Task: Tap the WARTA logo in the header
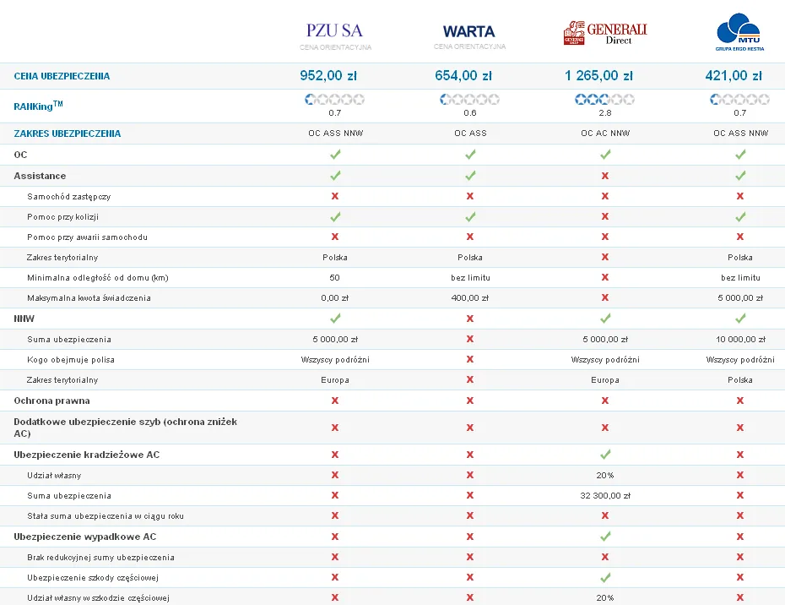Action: coord(469,32)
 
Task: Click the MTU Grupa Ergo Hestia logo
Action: coord(739,32)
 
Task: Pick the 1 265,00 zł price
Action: coord(598,76)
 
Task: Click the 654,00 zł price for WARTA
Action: coord(463,76)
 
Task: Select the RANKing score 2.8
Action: coord(604,112)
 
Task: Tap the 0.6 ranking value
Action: coord(469,112)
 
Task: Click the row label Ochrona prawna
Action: coord(51,401)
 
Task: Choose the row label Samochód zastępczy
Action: coord(68,196)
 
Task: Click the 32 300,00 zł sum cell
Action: coord(604,496)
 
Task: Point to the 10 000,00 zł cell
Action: coord(739,340)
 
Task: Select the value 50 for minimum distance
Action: coord(334,278)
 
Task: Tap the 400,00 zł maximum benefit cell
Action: coord(469,298)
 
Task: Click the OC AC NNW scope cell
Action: coord(604,134)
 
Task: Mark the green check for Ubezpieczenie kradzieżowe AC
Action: coord(604,455)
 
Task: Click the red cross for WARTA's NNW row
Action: coord(469,319)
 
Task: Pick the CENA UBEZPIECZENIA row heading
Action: coord(62,76)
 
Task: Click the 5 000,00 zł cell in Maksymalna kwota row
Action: coord(739,298)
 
